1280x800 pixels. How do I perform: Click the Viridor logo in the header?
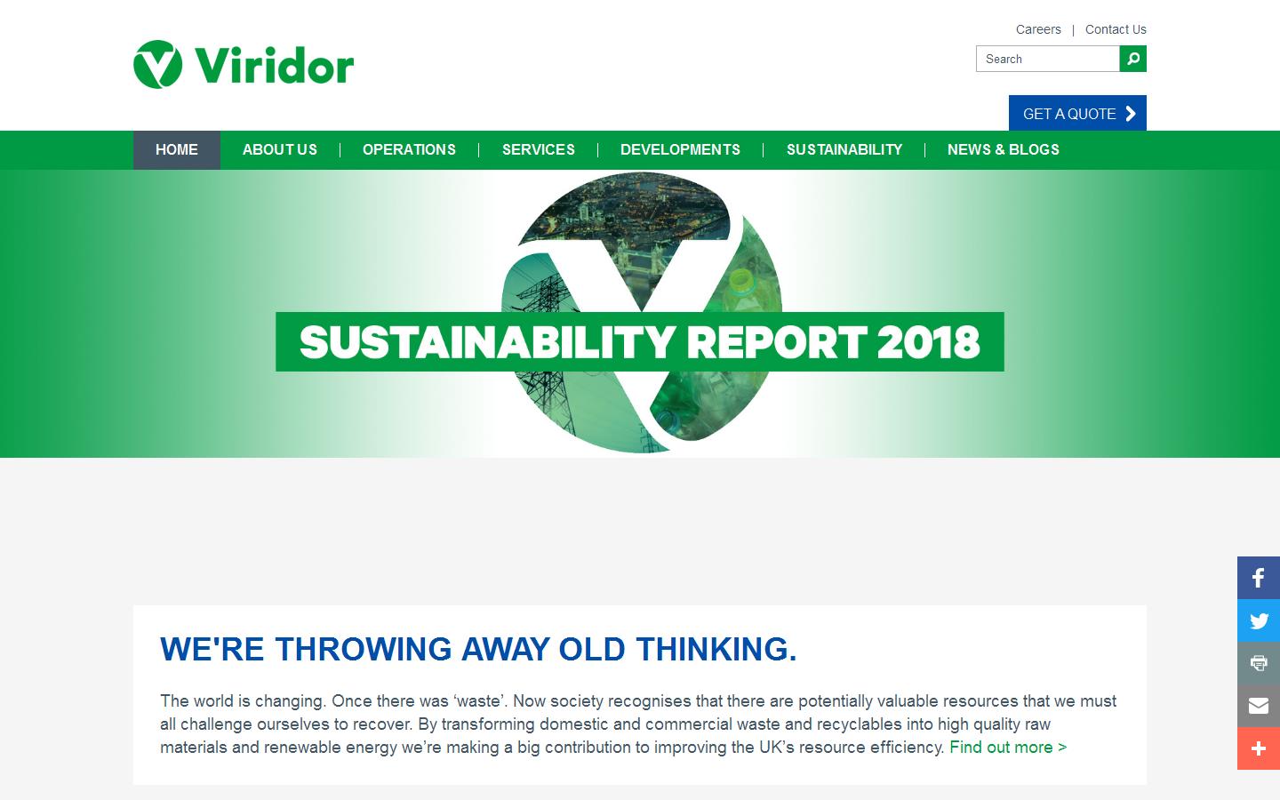coord(244,64)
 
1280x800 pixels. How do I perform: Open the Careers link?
coord(1038,29)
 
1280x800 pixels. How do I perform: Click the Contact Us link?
coord(1116,29)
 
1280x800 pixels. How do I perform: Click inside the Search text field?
coord(1047,59)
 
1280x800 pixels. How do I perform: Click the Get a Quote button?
coord(1077,113)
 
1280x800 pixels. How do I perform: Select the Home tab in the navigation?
coord(177,149)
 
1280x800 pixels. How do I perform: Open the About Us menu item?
coord(280,149)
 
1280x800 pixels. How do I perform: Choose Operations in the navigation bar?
coord(409,149)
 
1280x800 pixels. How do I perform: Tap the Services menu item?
coord(539,149)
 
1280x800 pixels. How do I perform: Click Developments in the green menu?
coord(680,149)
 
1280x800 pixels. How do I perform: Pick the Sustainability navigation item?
coord(844,149)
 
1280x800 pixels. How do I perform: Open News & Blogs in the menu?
coord(1004,149)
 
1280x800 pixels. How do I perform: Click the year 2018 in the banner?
coord(928,342)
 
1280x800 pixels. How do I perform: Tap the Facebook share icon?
coord(1259,578)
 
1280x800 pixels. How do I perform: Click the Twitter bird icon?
coord(1259,620)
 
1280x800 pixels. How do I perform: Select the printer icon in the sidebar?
coord(1259,663)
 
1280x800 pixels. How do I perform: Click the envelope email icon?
coord(1259,706)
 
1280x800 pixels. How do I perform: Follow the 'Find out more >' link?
coord(1008,748)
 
